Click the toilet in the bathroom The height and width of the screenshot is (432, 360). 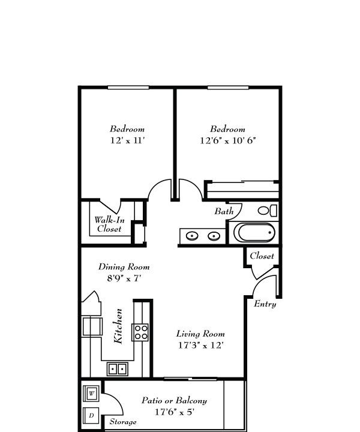coord(268,211)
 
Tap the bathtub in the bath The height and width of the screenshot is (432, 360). coord(254,233)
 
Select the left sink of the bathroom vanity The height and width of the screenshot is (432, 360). coord(192,236)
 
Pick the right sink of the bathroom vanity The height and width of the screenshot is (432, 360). coord(214,236)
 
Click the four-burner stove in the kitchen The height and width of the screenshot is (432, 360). coord(141,332)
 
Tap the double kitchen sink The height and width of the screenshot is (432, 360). coord(118,369)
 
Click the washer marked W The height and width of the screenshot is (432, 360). coord(91,393)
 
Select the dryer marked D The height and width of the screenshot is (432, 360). coord(91,416)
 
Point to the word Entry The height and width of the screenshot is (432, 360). coord(265,304)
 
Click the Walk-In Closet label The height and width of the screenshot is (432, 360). coord(109,224)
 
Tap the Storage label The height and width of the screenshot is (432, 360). coord(123,422)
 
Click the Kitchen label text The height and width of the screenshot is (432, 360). coord(118,326)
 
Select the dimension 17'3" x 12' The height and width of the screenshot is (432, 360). coord(200,345)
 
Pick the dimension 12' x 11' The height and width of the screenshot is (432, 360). coord(128,140)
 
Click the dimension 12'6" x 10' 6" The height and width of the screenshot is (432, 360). coord(228,140)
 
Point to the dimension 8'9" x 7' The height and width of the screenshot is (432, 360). coord(124,278)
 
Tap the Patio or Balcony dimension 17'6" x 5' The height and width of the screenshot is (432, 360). coord(175,412)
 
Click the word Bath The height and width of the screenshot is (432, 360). coord(224,211)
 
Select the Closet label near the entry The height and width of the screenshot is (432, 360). coord(262,256)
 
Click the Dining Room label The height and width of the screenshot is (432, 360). coord(124,266)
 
